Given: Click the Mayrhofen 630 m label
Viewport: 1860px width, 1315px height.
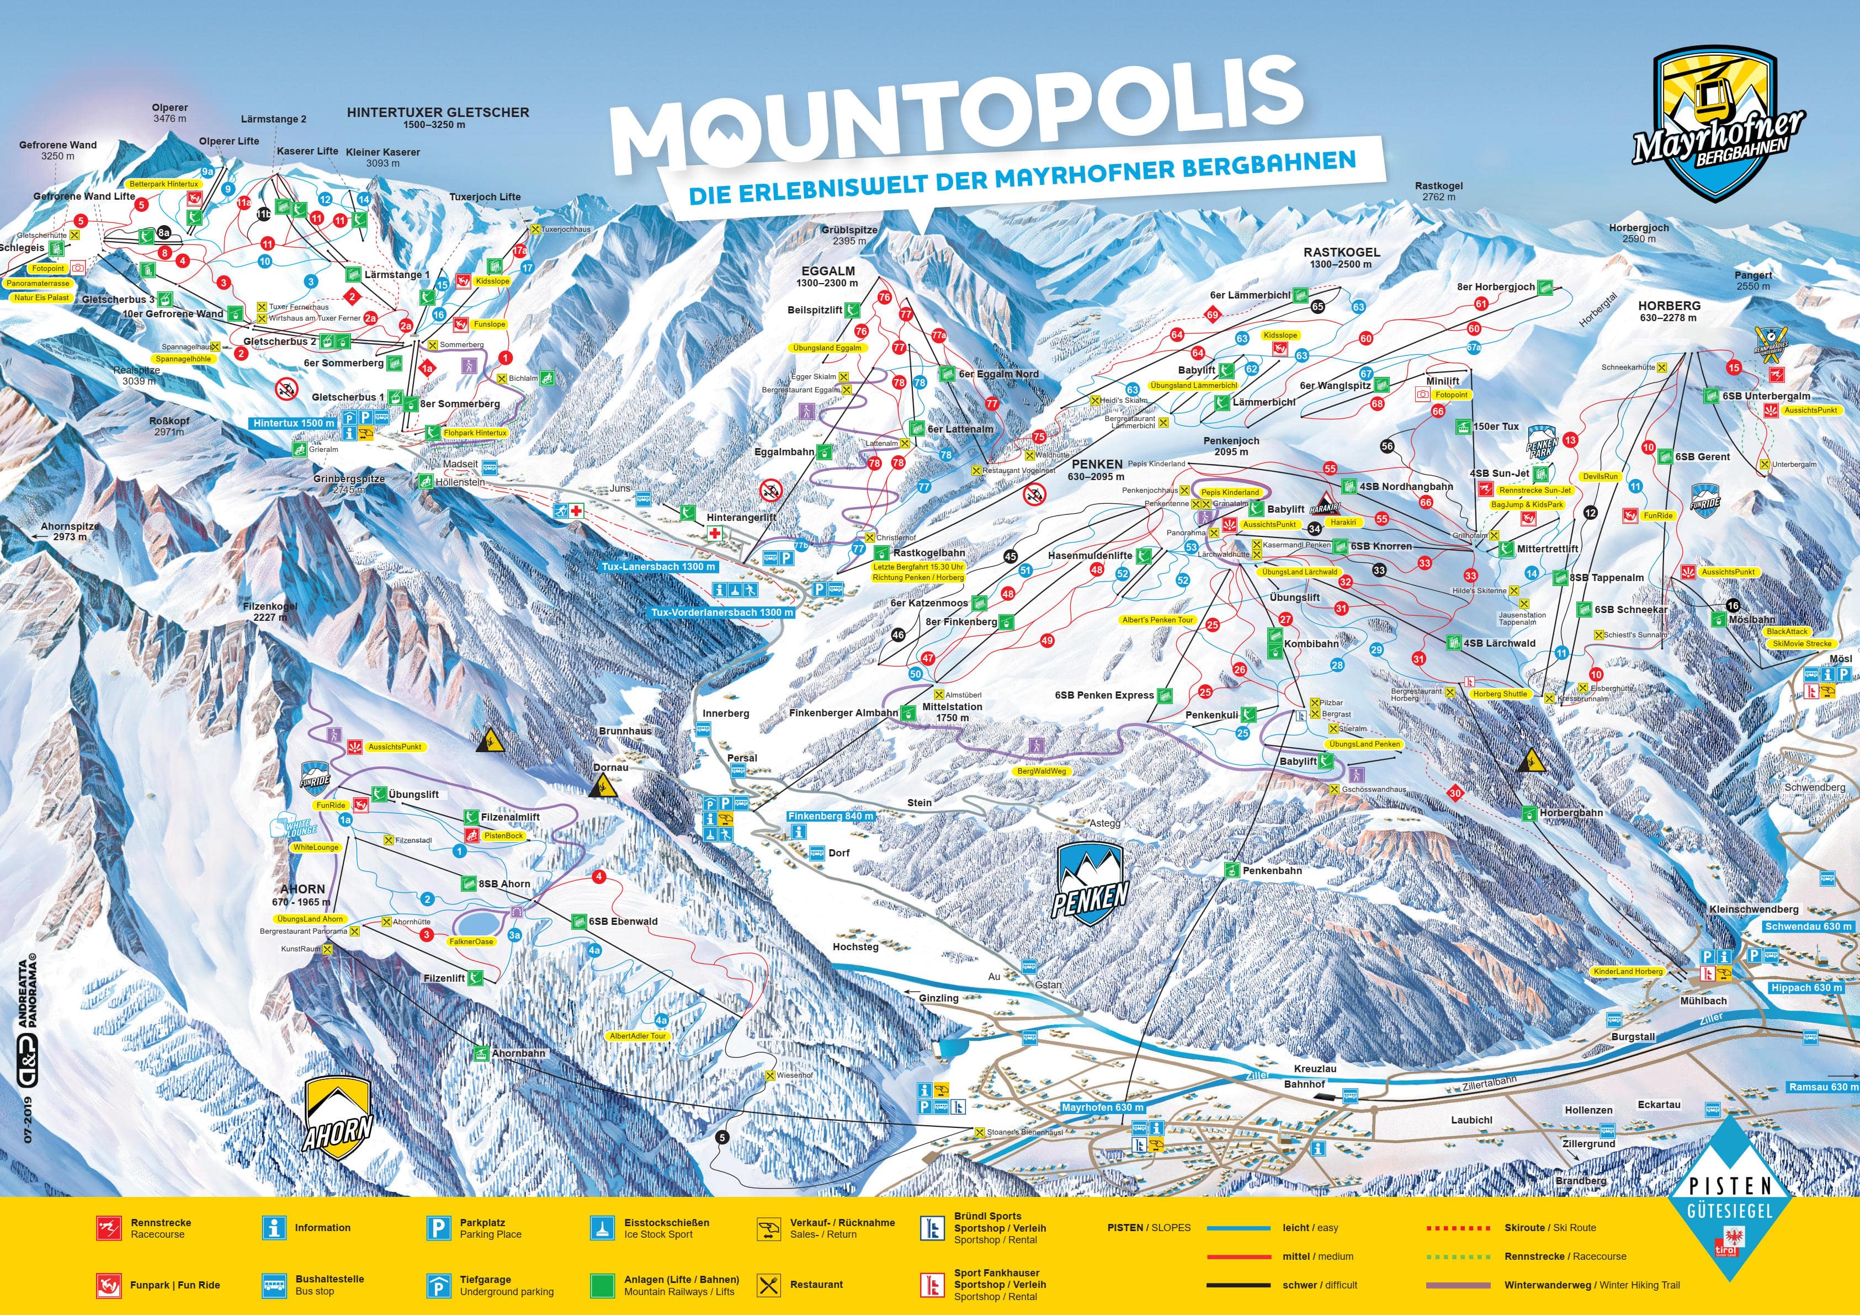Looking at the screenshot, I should click(1102, 1108).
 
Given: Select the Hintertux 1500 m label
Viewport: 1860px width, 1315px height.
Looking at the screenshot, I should click(293, 423).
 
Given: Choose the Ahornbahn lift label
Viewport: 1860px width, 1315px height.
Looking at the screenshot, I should click(518, 1053).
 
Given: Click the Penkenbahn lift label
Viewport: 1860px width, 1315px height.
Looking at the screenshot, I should click(1272, 870).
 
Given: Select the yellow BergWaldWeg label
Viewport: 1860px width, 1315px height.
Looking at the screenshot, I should click(1042, 771).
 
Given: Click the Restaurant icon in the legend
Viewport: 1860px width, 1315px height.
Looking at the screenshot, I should click(768, 1284).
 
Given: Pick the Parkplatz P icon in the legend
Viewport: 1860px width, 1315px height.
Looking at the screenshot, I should click(438, 1228).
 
